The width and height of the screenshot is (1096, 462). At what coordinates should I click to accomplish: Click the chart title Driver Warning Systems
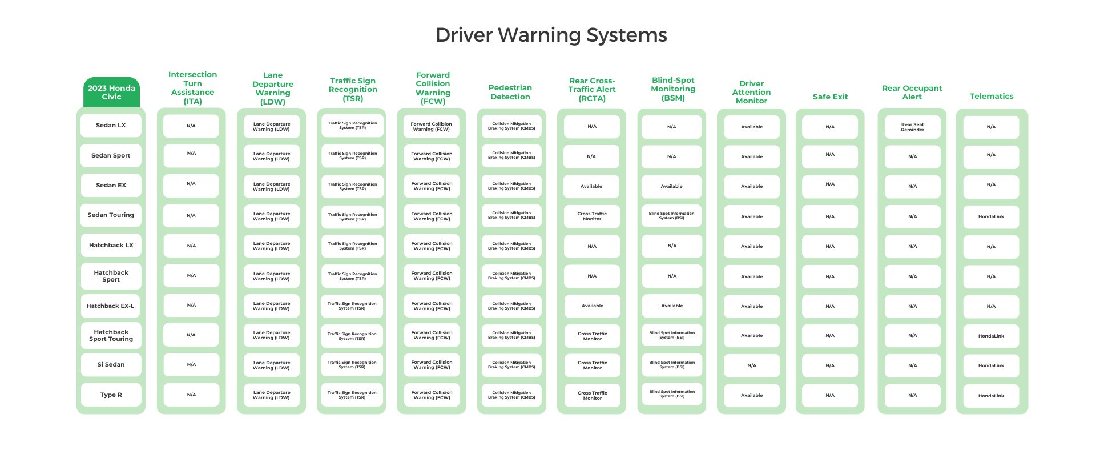[x=551, y=35]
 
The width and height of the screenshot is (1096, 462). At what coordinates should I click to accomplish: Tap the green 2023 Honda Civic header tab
[x=111, y=93]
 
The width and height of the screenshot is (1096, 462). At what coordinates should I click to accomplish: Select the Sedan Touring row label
[x=111, y=215]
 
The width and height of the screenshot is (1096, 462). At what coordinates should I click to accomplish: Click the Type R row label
[x=111, y=395]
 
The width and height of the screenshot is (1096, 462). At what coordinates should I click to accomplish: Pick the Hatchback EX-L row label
[x=111, y=306]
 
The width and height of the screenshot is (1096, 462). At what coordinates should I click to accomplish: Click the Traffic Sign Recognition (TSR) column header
[x=353, y=90]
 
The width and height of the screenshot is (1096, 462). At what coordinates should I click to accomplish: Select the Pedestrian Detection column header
[x=510, y=92]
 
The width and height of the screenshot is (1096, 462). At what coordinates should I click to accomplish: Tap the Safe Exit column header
[x=830, y=97]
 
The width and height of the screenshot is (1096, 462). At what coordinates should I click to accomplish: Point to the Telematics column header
[x=991, y=97]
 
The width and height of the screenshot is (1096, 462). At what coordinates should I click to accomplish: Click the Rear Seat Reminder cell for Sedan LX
[x=912, y=127]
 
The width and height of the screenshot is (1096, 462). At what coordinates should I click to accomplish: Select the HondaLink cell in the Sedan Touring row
[x=991, y=217]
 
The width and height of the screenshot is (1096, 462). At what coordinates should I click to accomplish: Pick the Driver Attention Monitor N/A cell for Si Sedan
[x=751, y=365]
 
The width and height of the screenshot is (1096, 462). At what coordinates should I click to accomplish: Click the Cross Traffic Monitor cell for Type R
[x=592, y=395]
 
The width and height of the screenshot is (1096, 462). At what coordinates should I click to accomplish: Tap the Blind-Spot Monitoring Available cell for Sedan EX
[x=671, y=187]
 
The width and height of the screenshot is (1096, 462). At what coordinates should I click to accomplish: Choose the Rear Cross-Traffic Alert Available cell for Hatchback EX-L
[x=592, y=306]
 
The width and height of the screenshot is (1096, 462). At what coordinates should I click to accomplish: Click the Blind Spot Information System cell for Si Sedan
[x=671, y=365]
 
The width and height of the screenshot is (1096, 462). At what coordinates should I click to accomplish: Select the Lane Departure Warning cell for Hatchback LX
[x=271, y=246]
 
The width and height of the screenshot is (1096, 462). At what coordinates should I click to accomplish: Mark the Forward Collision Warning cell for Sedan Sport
[x=432, y=156]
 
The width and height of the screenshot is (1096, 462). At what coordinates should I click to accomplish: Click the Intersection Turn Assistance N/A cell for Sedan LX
[x=191, y=126]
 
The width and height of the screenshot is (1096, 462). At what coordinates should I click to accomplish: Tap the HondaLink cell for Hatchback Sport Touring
[x=991, y=336]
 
